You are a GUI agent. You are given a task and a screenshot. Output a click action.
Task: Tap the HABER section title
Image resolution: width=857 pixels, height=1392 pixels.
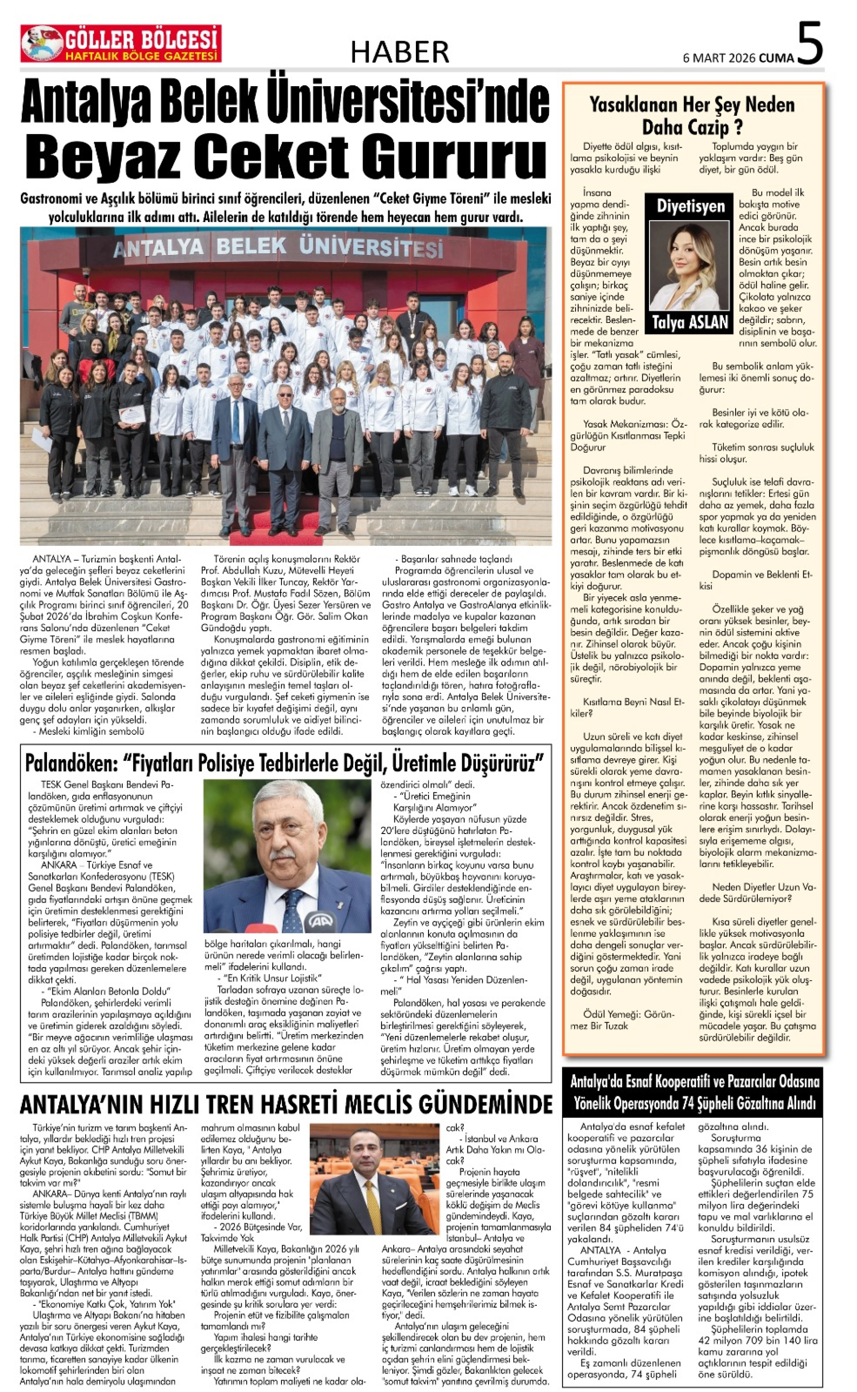[x=400, y=53]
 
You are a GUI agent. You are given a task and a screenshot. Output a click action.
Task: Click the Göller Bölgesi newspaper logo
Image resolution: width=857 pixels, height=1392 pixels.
[x=121, y=44]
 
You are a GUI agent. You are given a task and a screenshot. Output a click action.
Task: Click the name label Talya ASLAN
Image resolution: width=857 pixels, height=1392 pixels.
[x=690, y=323]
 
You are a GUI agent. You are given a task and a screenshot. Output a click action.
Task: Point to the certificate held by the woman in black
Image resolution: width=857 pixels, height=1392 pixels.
[x=132, y=415]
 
